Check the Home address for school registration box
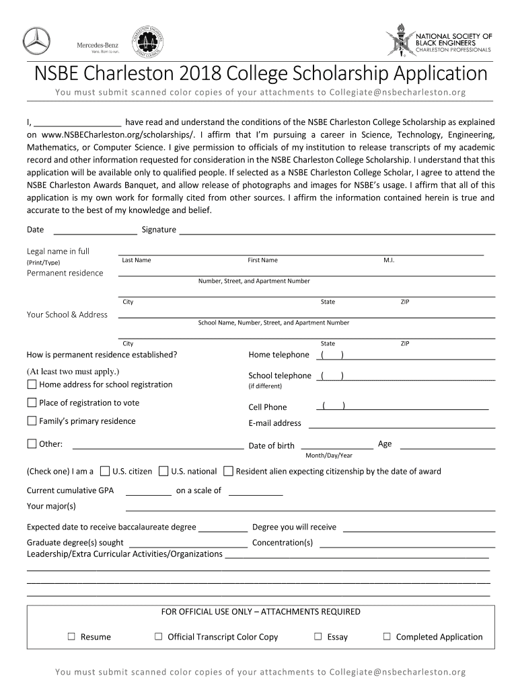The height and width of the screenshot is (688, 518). coord(32,385)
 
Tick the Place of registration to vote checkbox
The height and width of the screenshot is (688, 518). coord(32,402)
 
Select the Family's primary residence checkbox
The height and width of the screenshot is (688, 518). coord(32,421)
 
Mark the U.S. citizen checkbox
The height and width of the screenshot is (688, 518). coord(105,471)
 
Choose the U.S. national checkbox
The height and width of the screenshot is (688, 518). coord(163,471)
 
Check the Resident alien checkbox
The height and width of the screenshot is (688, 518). coord(228,471)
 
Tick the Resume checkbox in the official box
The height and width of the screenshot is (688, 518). coord(71,636)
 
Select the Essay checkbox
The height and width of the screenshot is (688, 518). coord(318,636)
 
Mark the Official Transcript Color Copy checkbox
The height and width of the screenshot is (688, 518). coord(159,636)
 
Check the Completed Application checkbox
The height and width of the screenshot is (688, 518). coord(387,636)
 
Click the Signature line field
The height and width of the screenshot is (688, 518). coord(336,230)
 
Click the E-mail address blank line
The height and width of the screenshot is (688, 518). coord(400,425)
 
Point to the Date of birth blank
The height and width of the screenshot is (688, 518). coord(336,445)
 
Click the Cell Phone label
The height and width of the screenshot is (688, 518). coord(268,407)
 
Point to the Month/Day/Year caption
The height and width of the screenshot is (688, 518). coord(329,456)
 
